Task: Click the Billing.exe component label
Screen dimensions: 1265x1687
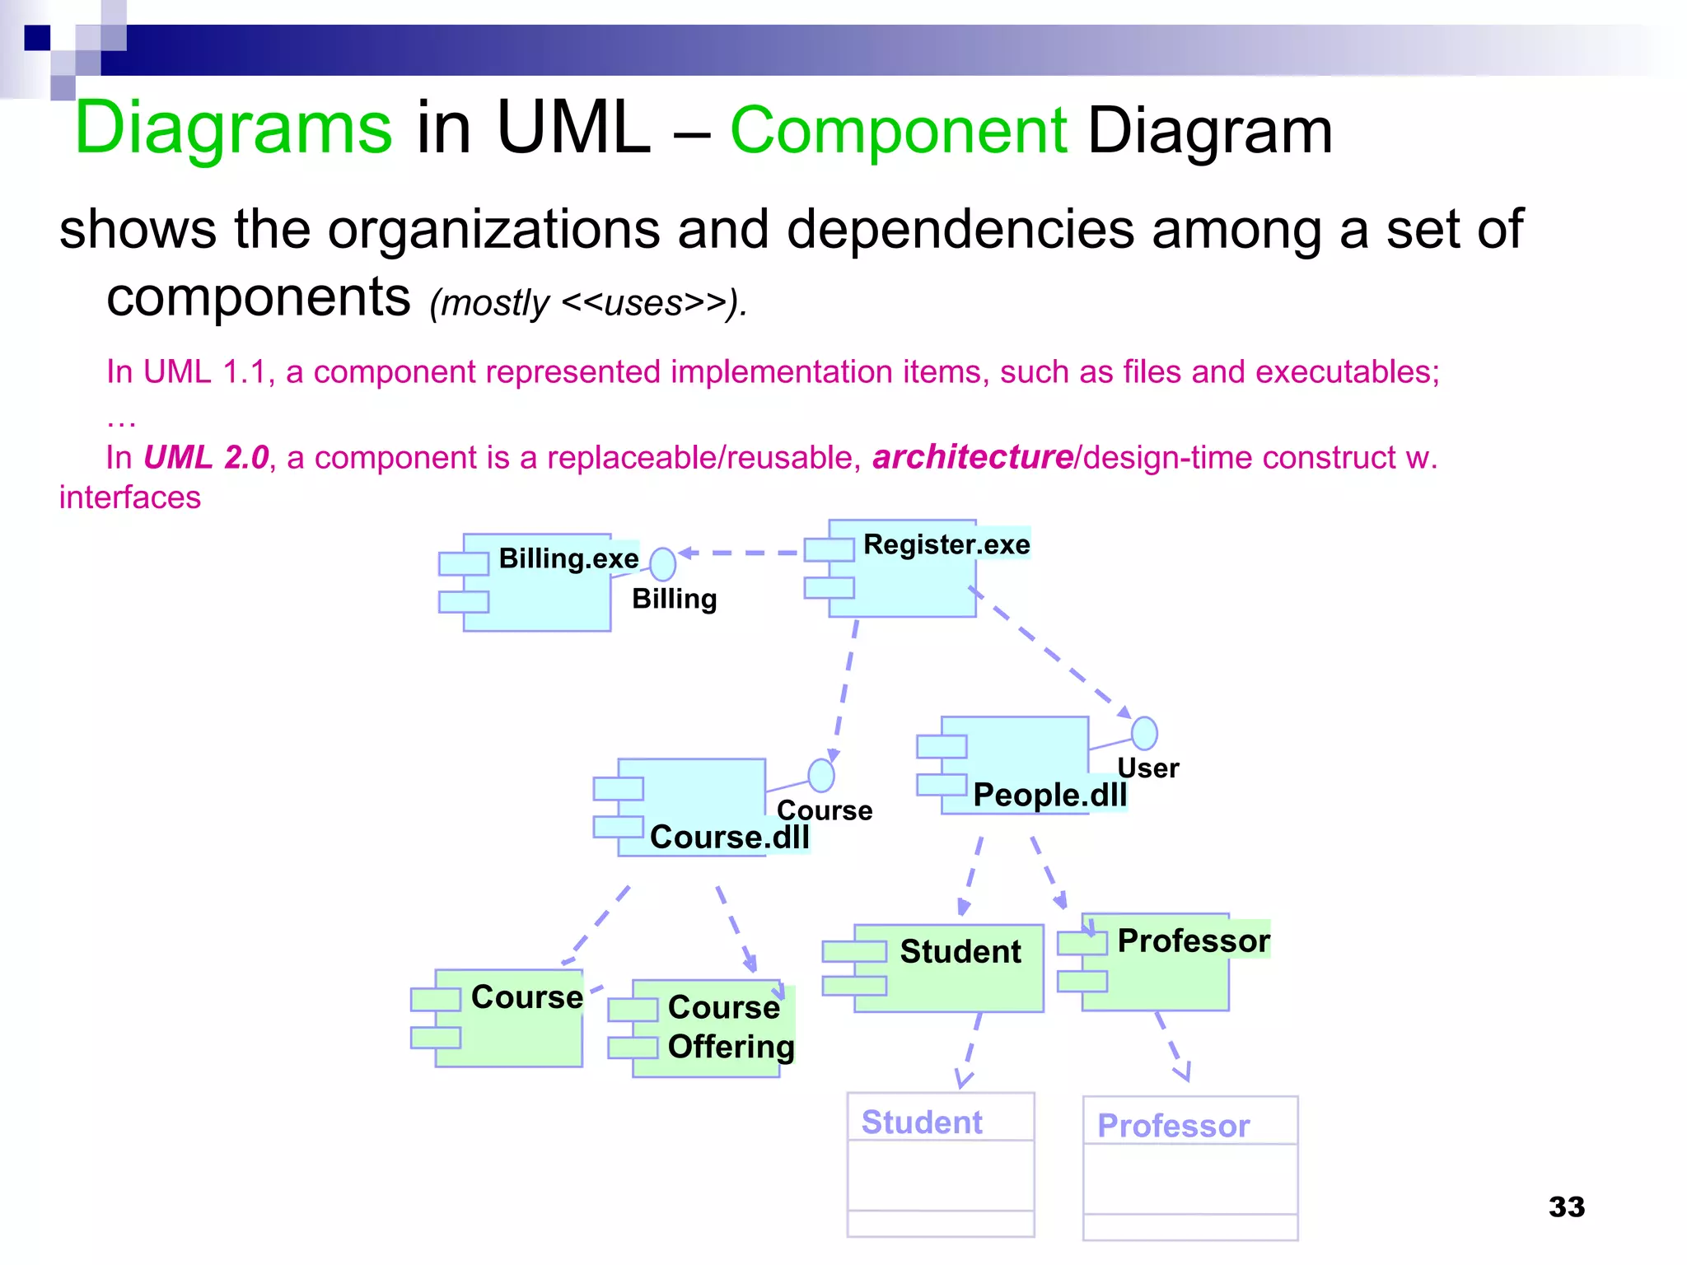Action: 568,558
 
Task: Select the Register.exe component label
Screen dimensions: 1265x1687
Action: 946,544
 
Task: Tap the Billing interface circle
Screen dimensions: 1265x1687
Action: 662,564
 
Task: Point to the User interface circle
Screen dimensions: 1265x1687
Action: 1144,732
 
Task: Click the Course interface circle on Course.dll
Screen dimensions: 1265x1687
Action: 820,775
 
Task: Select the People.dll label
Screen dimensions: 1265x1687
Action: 1049,795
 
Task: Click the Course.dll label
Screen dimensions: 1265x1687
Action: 729,837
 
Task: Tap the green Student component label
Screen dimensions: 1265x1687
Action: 960,951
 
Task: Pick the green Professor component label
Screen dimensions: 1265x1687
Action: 1193,941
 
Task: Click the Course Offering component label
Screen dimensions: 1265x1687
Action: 730,1026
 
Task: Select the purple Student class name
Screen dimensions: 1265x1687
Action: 922,1122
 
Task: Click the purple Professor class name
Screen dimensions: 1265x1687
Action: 1174,1125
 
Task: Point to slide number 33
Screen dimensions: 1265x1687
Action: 1566,1207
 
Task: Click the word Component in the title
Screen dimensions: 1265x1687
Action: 899,130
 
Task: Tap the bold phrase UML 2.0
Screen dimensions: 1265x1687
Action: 206,457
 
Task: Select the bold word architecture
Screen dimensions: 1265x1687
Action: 972,457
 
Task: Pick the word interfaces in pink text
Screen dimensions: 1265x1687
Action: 129,497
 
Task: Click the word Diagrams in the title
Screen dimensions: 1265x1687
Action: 234,128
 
